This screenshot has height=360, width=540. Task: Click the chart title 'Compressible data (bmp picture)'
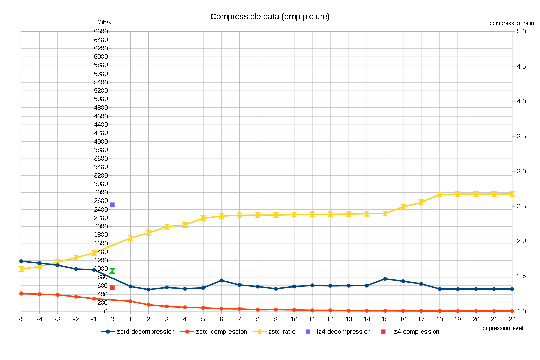270,17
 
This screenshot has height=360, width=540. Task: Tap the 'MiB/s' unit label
104,22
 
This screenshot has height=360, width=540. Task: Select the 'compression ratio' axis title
511,23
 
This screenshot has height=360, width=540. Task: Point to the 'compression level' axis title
500,328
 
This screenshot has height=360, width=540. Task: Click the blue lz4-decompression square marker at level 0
112,205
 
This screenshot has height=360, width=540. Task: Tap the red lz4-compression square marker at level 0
112,288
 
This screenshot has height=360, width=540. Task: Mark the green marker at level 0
112,271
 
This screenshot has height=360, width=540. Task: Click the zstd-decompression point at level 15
385,279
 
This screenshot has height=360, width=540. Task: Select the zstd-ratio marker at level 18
440,195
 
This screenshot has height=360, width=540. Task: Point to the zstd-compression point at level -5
21,294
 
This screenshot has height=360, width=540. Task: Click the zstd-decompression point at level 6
221,280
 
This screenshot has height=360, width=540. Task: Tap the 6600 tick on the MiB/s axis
101,31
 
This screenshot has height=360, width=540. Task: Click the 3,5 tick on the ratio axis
521,136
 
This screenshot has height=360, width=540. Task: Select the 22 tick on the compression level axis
512,319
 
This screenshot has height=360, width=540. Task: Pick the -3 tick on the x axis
58,319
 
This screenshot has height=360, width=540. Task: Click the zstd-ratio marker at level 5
203,218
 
